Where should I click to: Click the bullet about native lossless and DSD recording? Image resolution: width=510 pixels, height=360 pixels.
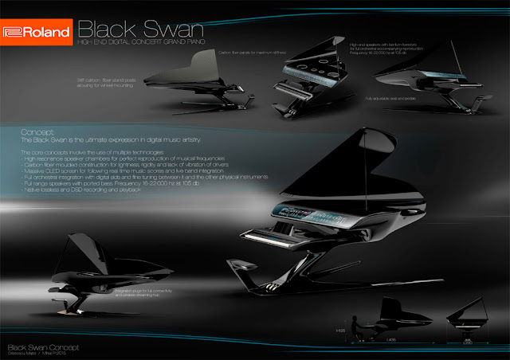(76, 191)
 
